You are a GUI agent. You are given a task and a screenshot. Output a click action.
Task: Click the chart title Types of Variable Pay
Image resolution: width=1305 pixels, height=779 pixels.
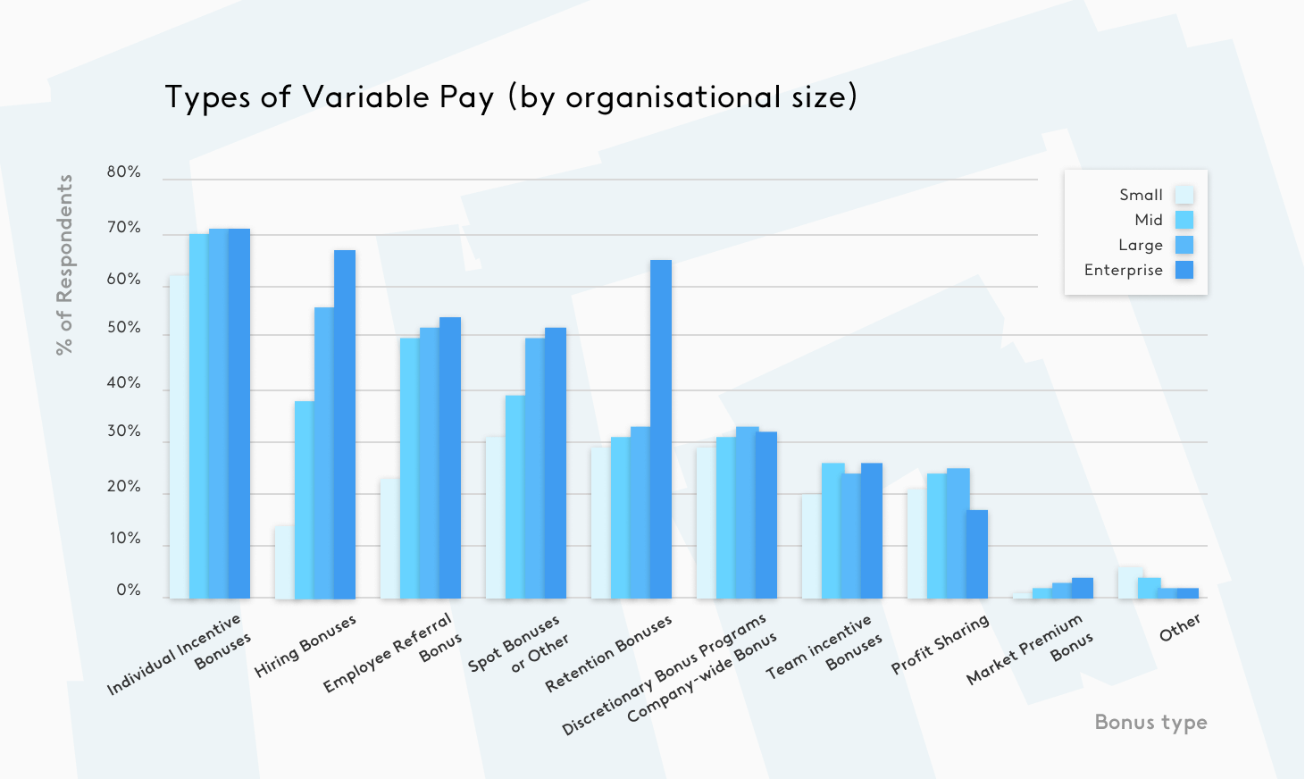pos(511,97)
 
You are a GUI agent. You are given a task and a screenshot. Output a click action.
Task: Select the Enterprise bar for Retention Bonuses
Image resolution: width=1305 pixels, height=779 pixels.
pos(661,429)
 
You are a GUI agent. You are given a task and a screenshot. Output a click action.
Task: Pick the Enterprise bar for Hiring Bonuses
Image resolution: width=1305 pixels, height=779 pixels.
pos(345,424)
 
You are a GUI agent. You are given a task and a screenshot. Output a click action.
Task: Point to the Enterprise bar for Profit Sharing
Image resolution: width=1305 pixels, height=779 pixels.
pos(977,554)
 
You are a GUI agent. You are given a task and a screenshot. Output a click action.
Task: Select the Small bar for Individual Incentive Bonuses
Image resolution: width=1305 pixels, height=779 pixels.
pos(179,437)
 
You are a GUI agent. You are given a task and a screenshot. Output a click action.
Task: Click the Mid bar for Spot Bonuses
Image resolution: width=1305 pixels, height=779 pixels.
pos(514,497)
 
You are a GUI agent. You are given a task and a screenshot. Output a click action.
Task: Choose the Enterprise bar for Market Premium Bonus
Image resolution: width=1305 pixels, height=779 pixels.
pos(1083,588)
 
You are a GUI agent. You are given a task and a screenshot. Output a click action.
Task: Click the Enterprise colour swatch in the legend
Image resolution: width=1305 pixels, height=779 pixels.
pos(1184,270)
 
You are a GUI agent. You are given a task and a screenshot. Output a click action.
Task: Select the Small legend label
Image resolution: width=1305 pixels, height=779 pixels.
pos(1141,195)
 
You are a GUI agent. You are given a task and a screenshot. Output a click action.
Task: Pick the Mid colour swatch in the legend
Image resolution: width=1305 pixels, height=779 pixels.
pos(1184,220)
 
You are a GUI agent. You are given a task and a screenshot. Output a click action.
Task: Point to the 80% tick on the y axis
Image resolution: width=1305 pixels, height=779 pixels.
pos(123,172)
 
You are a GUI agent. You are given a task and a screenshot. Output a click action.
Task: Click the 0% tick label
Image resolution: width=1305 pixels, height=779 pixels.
pos(129,591)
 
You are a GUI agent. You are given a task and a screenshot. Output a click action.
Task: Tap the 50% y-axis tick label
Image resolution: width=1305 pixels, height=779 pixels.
pos(123,329)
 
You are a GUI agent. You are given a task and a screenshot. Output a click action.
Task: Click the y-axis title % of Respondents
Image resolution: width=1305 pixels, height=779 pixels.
pos(64,264)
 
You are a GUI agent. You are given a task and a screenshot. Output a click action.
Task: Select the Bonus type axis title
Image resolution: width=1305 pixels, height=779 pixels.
pos(1150,722)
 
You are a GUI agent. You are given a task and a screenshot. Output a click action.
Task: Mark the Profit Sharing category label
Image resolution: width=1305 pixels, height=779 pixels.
pos(941,644)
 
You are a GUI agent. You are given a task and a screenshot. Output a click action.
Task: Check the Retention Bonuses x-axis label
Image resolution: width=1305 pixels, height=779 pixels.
pos(608,654)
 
